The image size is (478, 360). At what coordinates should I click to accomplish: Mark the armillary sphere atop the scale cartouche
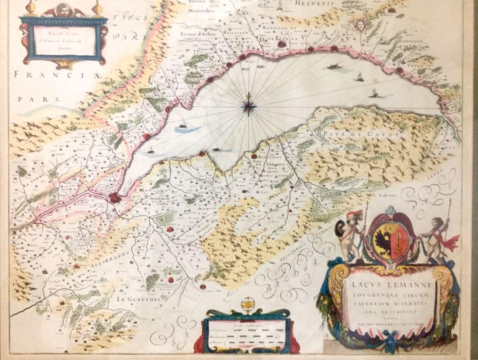pyautogui.click(x=246, y=306)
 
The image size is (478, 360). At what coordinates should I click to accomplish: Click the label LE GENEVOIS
pyautogui.click(x=134, y=299)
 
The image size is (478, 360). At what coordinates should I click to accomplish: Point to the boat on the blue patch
pyautogui.click(x=181, y=129)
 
